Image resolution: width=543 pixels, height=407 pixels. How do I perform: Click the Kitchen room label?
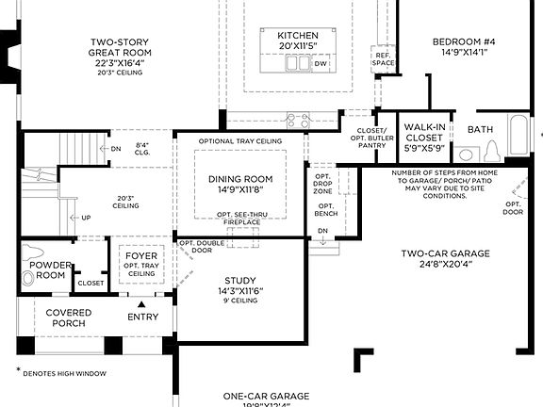point(284,35)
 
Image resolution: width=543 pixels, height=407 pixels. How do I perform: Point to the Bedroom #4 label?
point(463,42)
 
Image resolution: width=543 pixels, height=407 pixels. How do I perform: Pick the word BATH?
point(480,129)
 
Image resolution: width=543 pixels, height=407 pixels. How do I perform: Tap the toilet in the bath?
point(491,152)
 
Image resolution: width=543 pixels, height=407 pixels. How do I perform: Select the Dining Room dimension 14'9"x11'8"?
point(239,189)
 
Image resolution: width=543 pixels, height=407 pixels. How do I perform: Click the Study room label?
point(239,280)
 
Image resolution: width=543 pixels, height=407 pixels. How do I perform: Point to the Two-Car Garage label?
point(445,253)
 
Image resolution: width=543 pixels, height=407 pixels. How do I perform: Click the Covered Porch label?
point(69,317)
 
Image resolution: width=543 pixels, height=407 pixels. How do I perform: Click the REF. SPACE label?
point(384,58)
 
